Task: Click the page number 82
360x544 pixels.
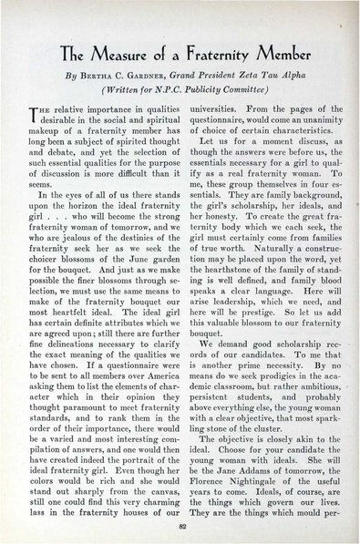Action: (x=180, y=527)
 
